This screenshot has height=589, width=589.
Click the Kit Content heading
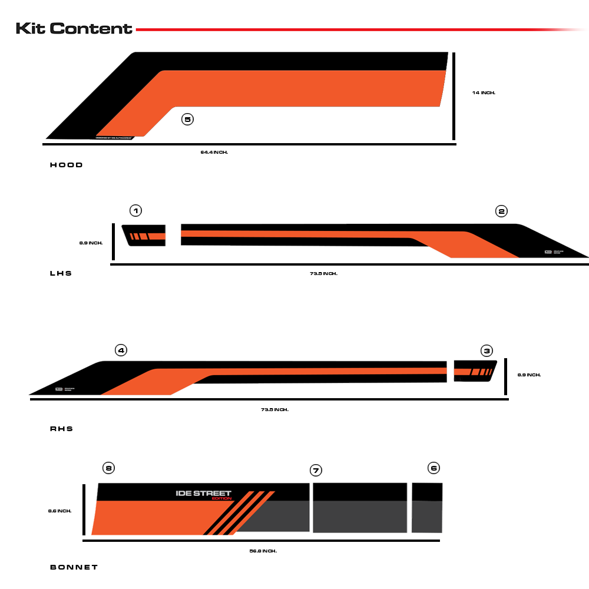[x=74, y=28]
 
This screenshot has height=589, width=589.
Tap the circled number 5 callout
[x=187, y=120]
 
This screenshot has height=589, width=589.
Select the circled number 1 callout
[x=136, y=210]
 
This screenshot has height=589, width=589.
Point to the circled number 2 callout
[x=501, y=211]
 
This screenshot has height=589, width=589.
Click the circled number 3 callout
[x=487, y=350]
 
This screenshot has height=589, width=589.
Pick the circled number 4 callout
[x=121, y=350]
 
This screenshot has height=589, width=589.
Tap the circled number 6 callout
[x=434, y=468]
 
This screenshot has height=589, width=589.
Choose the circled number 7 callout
[x=316, y=470]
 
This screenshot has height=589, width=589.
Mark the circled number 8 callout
[x=108, y=468]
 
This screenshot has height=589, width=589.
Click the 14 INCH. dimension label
[x=484, y=92]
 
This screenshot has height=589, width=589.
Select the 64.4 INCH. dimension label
[x=214, y=152]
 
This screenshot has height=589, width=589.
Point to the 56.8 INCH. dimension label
[x=263, y=551]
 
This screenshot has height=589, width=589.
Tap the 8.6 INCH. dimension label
[x=59, y=511]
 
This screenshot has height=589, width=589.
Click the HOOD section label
[x=67, y=165]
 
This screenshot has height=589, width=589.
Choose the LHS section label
[x=61, y=273]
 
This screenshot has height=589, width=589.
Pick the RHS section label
[x=61, y=429]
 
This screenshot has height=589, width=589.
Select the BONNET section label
[x=74, y=567]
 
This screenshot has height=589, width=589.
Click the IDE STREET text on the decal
[x=204, y=494]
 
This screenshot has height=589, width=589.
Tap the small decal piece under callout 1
[x=144, y=235]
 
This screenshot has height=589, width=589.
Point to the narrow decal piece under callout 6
[x=427, y=507]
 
